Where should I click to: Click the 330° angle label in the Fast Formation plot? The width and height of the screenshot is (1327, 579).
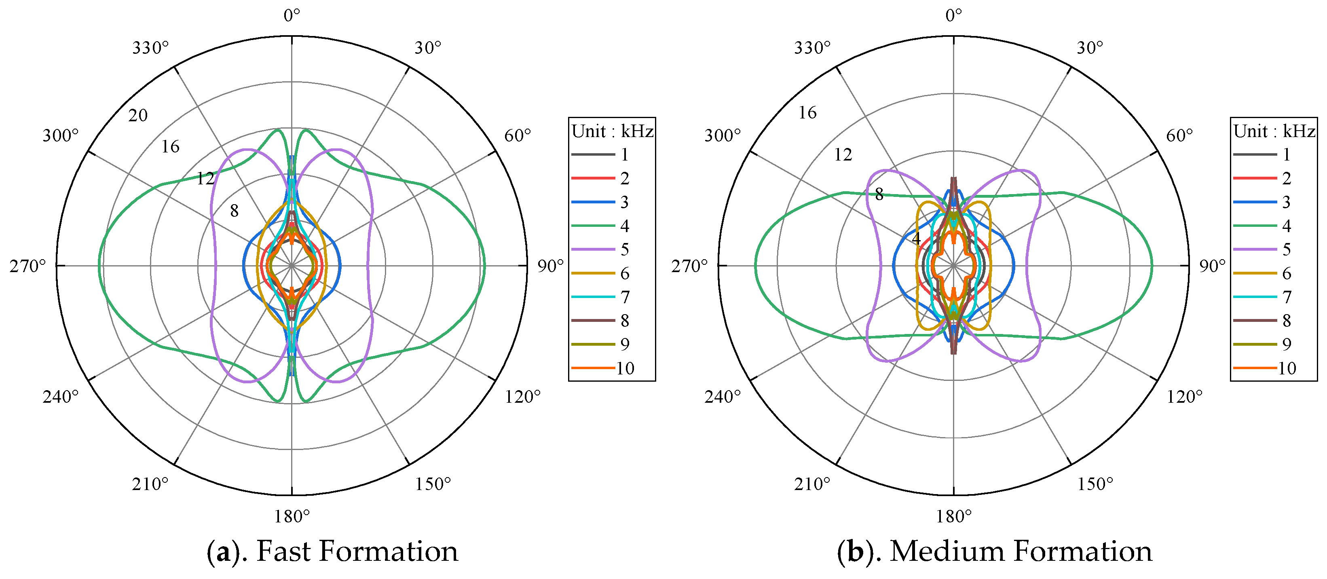pyautogui.click(x=150, y=48)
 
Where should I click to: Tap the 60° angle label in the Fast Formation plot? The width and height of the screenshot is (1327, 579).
pyautogui.click(x=517, y=135)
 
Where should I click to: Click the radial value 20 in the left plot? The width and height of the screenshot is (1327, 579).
pyautogui.click(x=137, y=115)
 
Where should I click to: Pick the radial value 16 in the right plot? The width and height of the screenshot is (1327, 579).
pyautogui.click(x=807, y=113)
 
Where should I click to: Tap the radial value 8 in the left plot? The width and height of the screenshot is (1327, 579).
pyautogui.click(x=235, y=211)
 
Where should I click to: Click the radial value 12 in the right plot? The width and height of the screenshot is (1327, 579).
pyautogui.click(x=843, y=154)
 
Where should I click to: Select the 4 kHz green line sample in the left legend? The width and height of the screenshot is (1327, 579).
pyautogui.click(x=593, y=226)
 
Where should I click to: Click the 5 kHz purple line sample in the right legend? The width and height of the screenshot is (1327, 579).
pyautogui.click(x=1255, y=249)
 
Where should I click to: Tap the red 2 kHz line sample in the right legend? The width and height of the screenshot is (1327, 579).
pyautogui.click(x=1255, y=178)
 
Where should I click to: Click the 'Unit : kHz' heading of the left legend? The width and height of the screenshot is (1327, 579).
pyautogui.click(x=612, y=131)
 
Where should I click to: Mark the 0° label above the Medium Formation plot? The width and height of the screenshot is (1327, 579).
pyautogui.click(x=953, y=16)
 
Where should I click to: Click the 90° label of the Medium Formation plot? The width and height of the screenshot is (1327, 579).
pyautogui.click(x=1212, y=266)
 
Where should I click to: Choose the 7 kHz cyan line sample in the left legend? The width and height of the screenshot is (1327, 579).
pyautogui.click(x=593, y=297)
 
